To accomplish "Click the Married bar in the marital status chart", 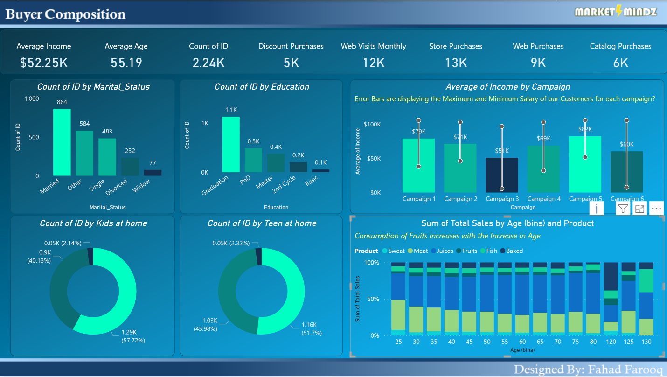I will tap(62, 142).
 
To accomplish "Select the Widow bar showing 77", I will tap(153, 173).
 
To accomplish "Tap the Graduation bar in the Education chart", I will tap(231, 144).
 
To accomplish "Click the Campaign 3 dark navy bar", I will tap(502, 175).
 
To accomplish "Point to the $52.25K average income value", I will tap(44, 63).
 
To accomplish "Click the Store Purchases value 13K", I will tap(456, 63).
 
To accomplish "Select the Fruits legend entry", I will tap(466, 251).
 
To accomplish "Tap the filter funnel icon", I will tap(623, 209).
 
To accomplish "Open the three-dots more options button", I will tap(656, 209).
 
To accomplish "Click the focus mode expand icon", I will tap(640, 209).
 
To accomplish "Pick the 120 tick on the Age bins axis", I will tap(611, 342).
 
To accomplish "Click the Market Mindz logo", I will tap(616, 12).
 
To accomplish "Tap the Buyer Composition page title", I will tap(65, 14).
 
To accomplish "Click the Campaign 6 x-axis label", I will tap(627, 199).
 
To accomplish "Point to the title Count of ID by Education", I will tap(262, 87).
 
